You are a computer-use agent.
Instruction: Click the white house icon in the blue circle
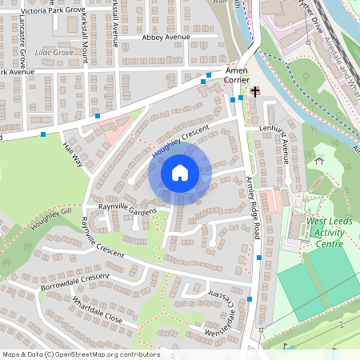coord(180,172)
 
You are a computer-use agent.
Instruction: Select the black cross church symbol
coord(255,93)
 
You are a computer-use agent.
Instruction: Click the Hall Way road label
coord(73,154)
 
